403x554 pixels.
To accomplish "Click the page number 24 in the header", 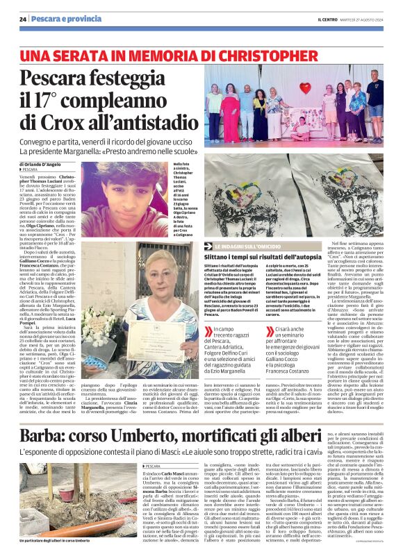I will pos(23,18).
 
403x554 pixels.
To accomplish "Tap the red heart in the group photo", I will pos(304,87).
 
